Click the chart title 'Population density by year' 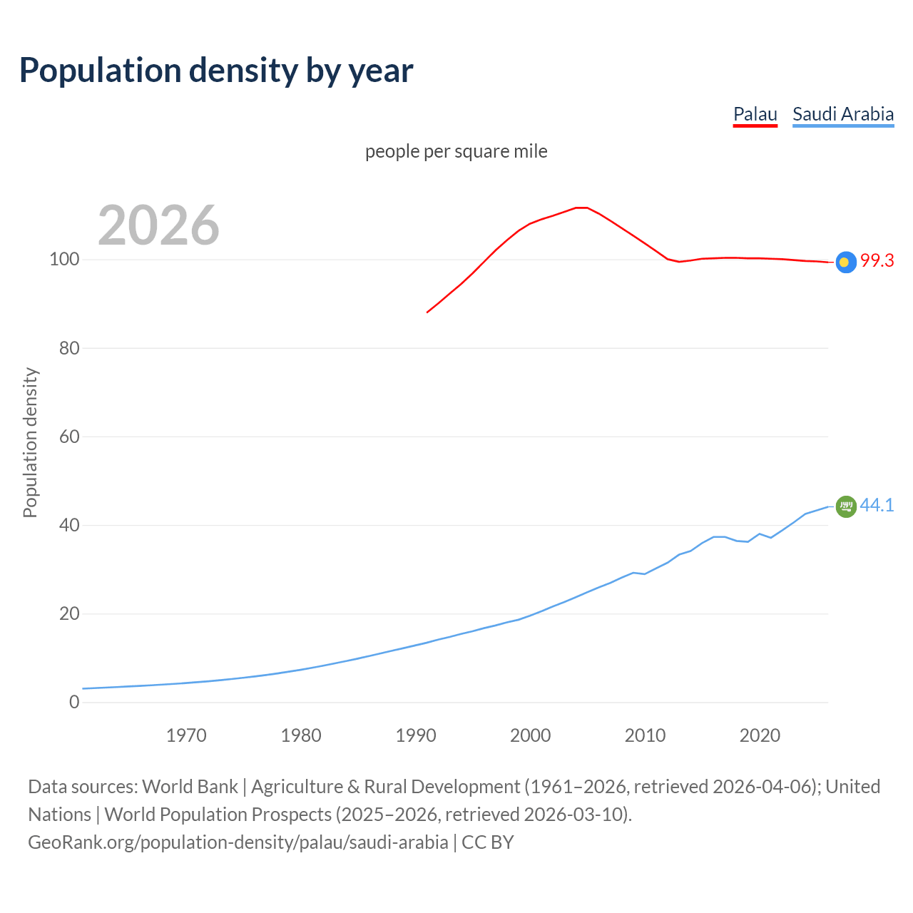click(x=216, y=71)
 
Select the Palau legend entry click(x=755, y=114)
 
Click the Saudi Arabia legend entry click(x=843, y=114)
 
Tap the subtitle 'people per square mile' click(x=456, y=151)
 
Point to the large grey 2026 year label click(x=158, y=225)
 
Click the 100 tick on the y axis click(x=63, y=260)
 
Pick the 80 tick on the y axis click(x=68, y=348)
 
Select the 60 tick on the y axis click(x=68, y=437)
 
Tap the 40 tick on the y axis click(x=68, y=526)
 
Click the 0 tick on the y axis click(x=74, y=703)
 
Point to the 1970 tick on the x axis click(x=186, y=735)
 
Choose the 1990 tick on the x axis click(x=416, y=735)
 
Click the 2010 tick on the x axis click(x=645, y=735)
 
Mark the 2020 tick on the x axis click(x=760, y=735)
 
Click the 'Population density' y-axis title click(x=30, y=442)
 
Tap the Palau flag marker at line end click(x=845, y=262)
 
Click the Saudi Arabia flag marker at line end click(x=846, y=506)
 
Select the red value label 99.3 click(x=877, y=261)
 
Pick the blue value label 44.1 click(x=877, y=505)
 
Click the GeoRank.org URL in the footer click(x=238, y=842)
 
